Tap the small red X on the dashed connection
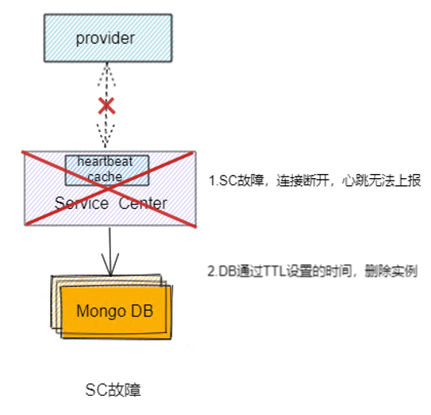point(106,105)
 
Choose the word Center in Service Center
point(144,204)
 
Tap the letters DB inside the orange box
point(138,311)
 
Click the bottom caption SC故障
point(113,390)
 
